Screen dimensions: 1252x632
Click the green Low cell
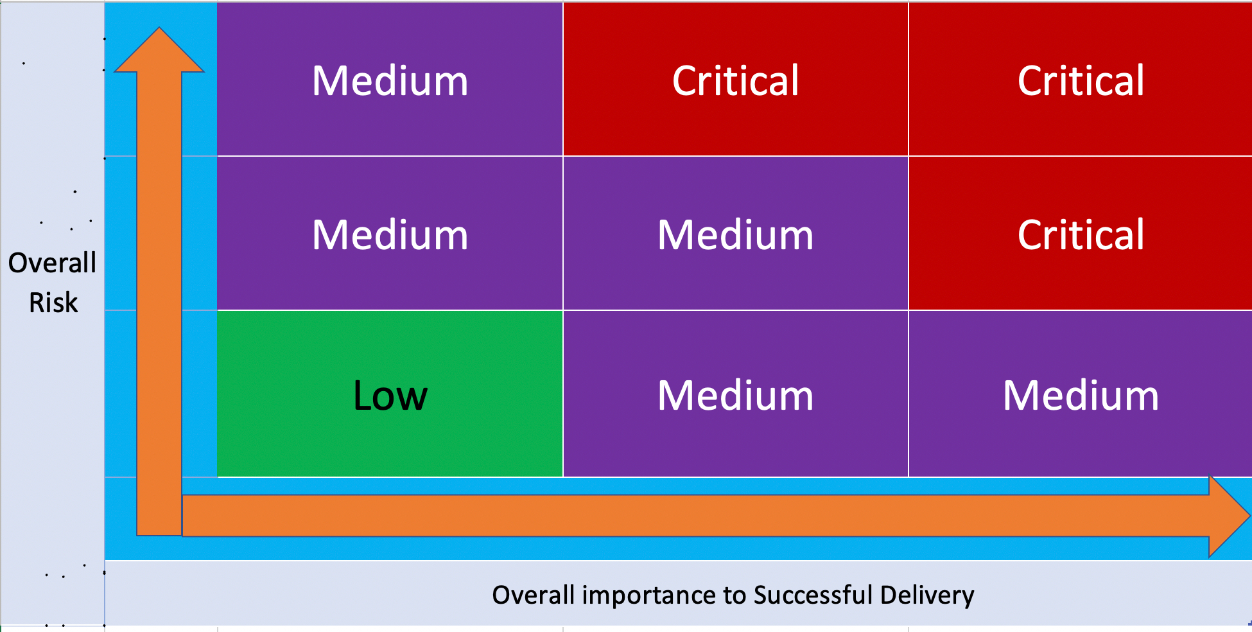(x=390, y=394)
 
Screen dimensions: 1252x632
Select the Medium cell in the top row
(x=390, y=79)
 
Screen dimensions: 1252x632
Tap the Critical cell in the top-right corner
(x=1081, y=79)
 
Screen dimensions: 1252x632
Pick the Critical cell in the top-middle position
(x=736, y=79)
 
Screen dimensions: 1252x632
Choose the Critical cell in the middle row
(x=1081, y=233)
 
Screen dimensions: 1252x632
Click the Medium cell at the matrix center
(x=736, y=233)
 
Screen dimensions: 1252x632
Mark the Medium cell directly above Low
(x=390, y=233)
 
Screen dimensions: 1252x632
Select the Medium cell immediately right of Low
(x=736, y=394)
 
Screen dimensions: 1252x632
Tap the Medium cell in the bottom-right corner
(x=1081, y=394)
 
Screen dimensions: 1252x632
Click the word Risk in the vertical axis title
(x=53, y=303)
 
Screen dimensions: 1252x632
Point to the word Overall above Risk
(x=52, y=263)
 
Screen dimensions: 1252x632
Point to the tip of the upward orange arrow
(x=159, y=28)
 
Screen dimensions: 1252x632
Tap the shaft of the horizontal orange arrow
(x=696, y=516)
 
